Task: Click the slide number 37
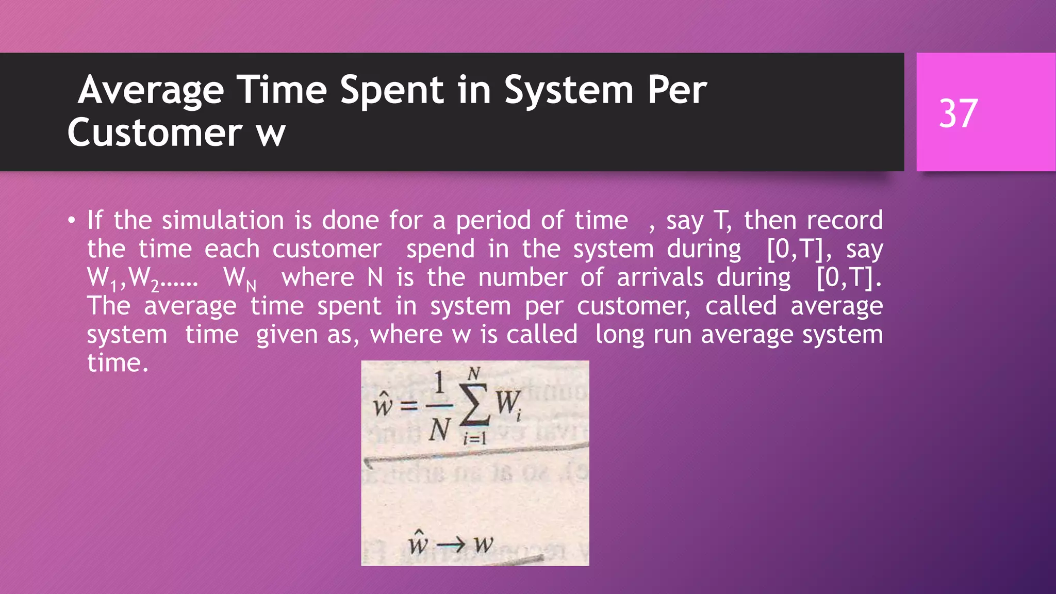point(958,113)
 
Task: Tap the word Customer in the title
point(155,133)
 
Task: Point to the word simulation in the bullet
point(223,221)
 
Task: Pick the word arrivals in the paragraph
point(660,278)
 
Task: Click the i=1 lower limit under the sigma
point(474,439)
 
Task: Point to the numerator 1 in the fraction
point(439,384)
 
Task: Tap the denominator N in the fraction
point(439,429)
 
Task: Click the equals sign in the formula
point(409,406)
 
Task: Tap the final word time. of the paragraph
point(118,363)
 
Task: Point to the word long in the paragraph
point(619,335)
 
